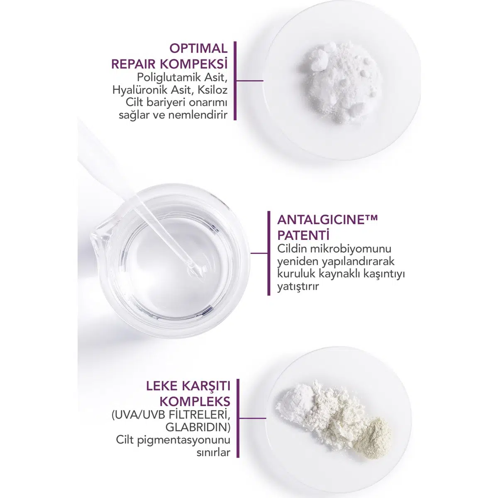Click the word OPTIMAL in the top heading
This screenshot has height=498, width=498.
pos(198,49)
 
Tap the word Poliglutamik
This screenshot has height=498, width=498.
pos(169,78)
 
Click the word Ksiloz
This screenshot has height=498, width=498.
pos(212,90)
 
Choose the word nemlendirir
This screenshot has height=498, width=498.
pos(198,115)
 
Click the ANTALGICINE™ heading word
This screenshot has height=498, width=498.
pos(327,220)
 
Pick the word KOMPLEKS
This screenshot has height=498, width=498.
pos(195,402)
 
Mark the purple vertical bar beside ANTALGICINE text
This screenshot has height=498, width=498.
pos(269,253)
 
